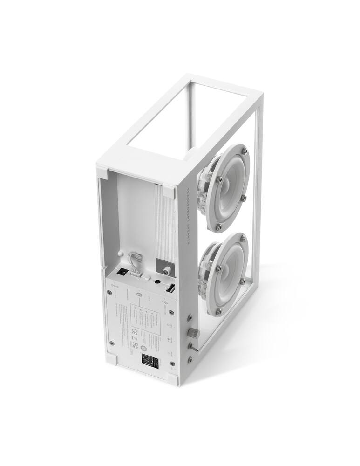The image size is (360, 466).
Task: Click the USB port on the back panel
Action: [170, 289]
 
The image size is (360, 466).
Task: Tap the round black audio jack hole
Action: [157, 281]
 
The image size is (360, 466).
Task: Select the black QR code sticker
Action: [150, 360]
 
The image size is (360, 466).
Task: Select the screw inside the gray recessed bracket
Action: [165, 269]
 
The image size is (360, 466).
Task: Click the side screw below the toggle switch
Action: [190, 359]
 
